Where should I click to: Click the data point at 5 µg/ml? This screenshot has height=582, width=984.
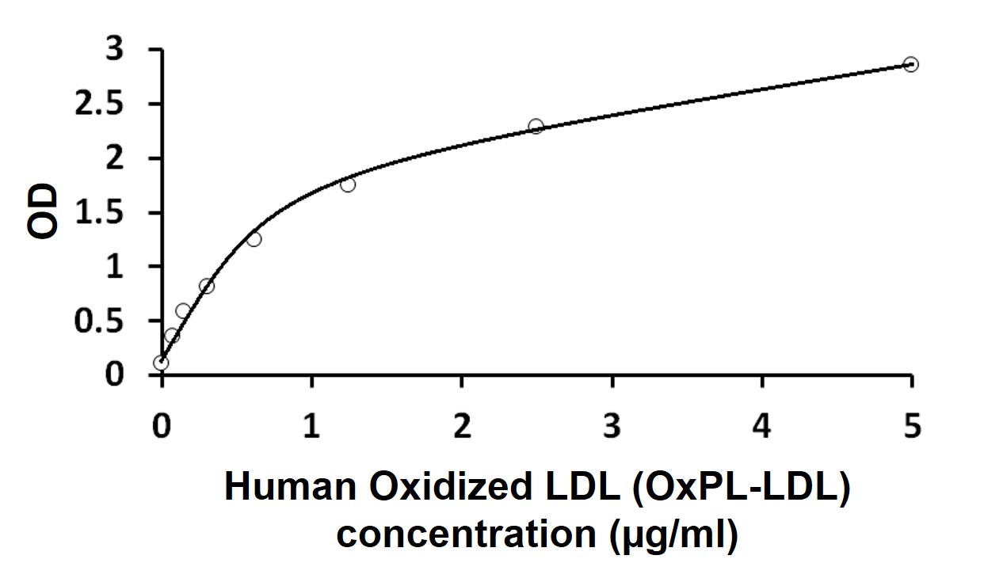point(911,64)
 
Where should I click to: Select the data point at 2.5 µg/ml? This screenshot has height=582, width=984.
point(536,126)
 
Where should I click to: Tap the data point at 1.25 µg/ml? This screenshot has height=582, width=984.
point(348,184)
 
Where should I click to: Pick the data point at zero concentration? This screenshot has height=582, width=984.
point(161,363)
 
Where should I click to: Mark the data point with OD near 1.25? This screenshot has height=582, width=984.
point(254,239)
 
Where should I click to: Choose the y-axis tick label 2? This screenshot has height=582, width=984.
point(116,159)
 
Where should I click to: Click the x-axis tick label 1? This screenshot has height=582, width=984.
point(312,428)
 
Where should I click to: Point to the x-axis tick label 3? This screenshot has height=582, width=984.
point(612,428)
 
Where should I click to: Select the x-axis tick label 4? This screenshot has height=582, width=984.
point(761,428)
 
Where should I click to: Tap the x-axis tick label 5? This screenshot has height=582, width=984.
point(912,428)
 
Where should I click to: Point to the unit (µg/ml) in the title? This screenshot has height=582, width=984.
point(674,536)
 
